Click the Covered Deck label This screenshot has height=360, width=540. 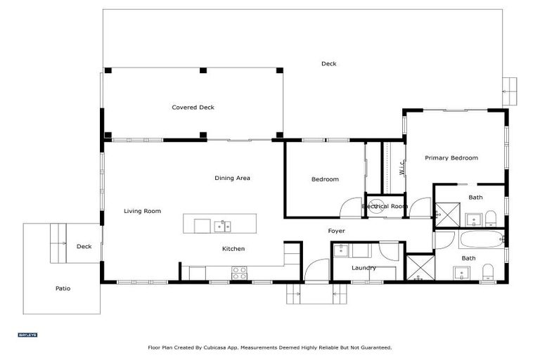(x=193, y=108)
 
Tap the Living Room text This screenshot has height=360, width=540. (x=142, y=211)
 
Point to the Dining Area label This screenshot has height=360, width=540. (x=232, y=178)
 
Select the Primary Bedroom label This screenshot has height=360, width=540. (x=451, y=158)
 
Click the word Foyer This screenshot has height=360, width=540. (x=336, y=231)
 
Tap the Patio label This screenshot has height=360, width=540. (x=63, y=288)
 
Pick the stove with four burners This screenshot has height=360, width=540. (x=240, y=273)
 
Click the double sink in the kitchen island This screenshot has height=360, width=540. (x=222, y=226)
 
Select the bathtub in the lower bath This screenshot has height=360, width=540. (x=480, y=239)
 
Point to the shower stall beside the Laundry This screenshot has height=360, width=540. (x=420, y=267)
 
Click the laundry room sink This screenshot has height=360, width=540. (x=340, y=250)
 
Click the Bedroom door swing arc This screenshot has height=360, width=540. (x=349, y=208)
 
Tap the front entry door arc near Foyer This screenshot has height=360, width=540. (x=316, y=270)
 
